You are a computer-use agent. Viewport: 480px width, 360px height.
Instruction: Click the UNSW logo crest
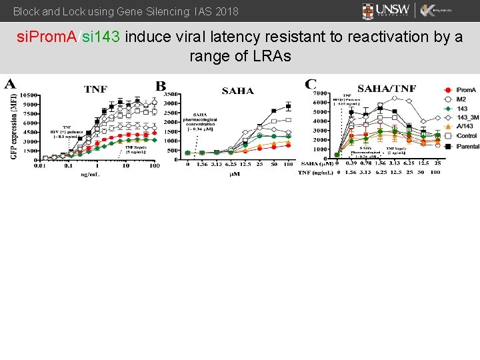369,11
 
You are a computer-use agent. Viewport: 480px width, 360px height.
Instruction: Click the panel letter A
11,84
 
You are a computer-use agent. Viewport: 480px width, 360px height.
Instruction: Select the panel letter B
161,86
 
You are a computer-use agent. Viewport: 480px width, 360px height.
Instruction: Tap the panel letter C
311,84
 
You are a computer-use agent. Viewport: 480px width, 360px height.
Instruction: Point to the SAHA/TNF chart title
387,89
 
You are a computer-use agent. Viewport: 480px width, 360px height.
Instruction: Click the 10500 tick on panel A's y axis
28,95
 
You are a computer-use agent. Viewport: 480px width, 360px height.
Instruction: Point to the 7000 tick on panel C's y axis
320,93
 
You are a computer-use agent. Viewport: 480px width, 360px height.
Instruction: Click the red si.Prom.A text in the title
47,37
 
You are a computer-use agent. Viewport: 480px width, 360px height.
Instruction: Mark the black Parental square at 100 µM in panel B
288,106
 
